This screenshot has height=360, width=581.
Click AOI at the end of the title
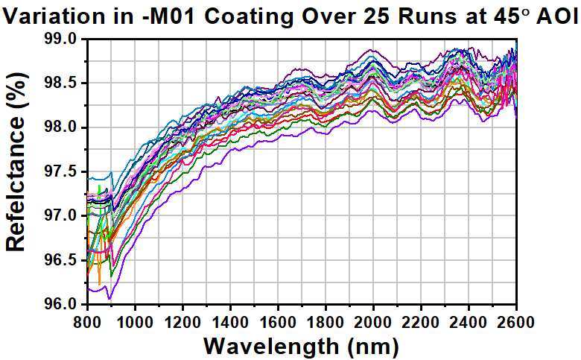click(x=555, y=14)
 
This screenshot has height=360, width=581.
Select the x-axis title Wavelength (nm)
click(x=301, y=345)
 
